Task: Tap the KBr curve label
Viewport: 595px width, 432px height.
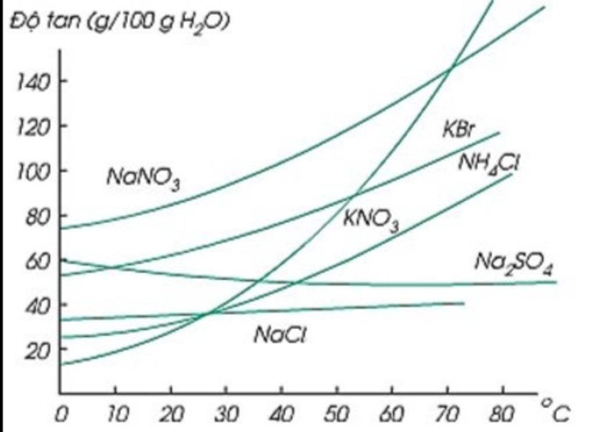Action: click(x=459, y=130)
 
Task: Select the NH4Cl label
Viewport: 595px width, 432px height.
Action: click(x=488, y=162)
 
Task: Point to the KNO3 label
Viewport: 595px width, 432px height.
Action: click(x=371, y=220)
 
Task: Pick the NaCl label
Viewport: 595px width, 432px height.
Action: click(x=280, y=335)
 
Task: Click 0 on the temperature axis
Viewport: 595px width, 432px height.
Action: click(x=60, y=415)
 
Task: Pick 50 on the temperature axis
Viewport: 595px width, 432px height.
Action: click(x=336, y=415)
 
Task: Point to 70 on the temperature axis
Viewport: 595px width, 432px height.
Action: click(x=447, y=415)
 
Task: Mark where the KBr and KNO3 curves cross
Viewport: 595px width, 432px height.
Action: click(x=355, y=194)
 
